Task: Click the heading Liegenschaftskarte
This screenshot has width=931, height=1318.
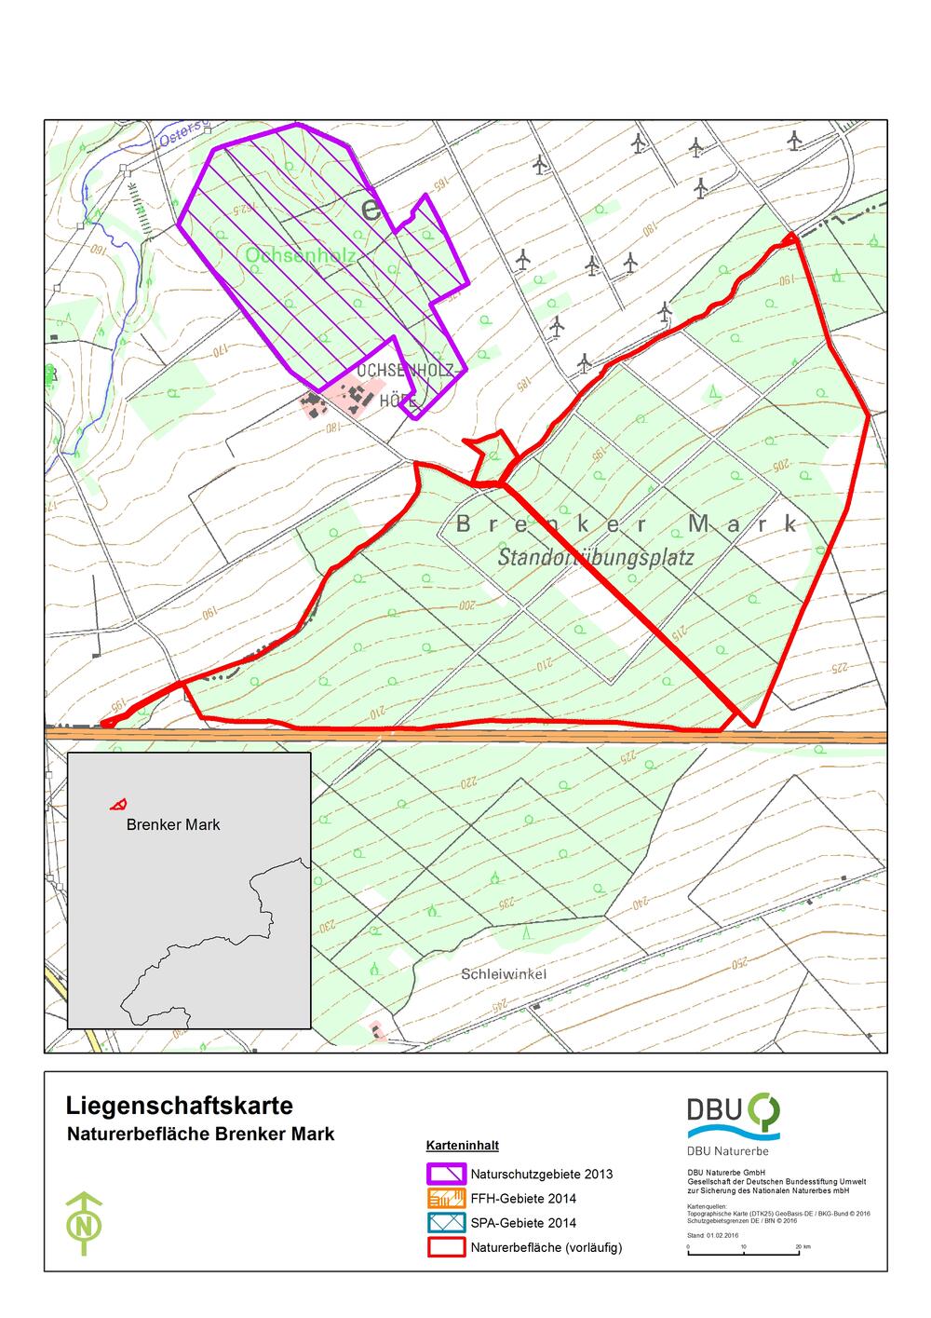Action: (x=180, y=1106)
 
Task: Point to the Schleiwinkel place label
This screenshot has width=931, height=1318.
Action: (x=504, y=974)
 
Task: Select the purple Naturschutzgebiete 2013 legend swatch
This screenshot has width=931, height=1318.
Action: (x=446, y=1174)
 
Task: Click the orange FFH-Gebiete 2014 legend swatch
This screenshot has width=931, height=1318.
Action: (x=446, y=1198)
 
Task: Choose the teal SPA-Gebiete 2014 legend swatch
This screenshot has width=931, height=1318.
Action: (x=446, y=1222)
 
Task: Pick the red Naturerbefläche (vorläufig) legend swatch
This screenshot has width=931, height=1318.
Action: (x=446, y=1246)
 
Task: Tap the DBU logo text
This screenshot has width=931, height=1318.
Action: (x=715, y=1108)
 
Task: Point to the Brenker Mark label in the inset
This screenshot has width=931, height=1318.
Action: (x=173, y=824)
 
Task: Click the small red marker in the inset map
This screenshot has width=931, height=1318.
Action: (x=118, y=804)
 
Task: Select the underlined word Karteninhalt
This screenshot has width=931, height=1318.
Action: (x=456, y=1145)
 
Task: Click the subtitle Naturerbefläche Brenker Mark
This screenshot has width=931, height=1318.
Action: (x=200, y=1135)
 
